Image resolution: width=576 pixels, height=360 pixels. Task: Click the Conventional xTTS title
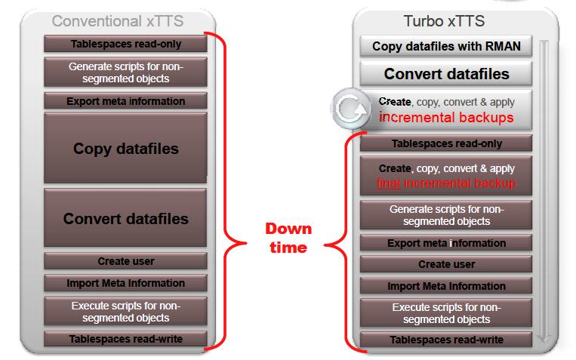point(118,21)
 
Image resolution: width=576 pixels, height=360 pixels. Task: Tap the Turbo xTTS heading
point(444,21)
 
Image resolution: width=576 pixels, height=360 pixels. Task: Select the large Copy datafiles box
point(125,148)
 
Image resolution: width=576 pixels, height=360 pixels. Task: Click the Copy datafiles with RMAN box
point(446,46)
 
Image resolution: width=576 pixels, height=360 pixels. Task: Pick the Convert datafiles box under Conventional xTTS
point(125,218)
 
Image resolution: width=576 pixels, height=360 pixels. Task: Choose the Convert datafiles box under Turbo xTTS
point(446,73)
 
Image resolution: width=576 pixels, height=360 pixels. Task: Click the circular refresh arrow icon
point(351,109)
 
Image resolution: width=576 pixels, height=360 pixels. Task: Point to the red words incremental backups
point(446,118)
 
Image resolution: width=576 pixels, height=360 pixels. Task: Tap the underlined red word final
point(389,183)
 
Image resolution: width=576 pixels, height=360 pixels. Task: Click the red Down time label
point(288,238)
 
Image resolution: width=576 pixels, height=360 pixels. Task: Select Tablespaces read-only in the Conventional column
point(125,44)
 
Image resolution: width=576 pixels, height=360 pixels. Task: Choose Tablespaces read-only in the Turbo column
point(446,143)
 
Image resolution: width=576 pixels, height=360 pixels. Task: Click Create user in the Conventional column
point(125,261)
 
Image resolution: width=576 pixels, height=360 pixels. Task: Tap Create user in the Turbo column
point(446,264)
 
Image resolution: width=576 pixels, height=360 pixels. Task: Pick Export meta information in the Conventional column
point(125,101)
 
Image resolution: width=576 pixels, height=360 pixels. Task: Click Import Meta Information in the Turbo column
point(446,286)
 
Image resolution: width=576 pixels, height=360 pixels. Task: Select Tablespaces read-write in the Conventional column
point(125,339)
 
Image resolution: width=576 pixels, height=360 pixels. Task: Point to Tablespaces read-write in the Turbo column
point(446,340)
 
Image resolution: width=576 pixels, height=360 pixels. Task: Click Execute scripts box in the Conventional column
point(125,312)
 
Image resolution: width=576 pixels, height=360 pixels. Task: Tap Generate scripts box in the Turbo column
point(446,215)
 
